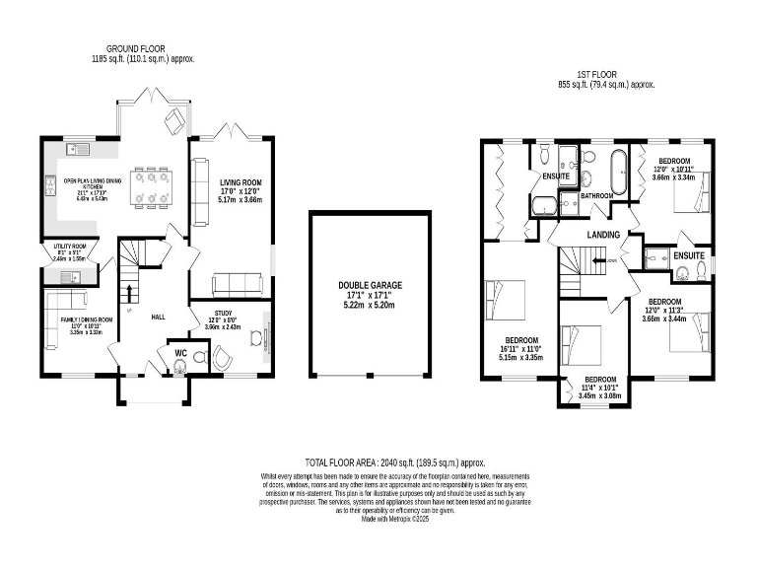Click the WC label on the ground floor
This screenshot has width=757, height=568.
(x=180, y=352)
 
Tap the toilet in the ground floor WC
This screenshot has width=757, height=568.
(x=179, y=367)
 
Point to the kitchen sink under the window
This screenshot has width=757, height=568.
(x=78, y=150)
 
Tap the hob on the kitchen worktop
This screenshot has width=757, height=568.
(x=49, y=182)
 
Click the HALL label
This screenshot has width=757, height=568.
(x=158, y=318)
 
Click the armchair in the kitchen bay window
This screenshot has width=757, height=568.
(x=173, y=119)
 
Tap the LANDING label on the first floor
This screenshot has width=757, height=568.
(x=602, y=234)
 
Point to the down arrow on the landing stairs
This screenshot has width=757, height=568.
(x=611, y=260)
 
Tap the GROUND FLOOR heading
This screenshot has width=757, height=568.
(x=137, y=47)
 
